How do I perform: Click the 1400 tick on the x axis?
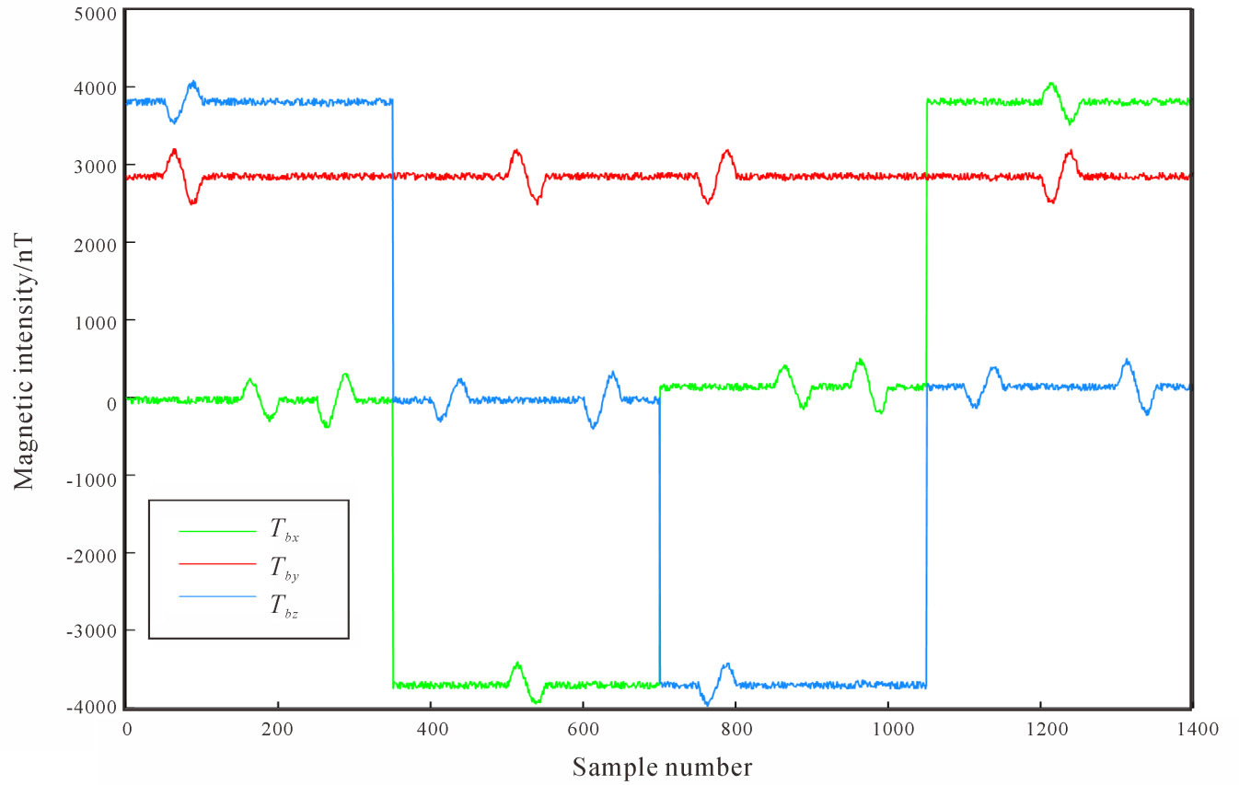(1194, 729)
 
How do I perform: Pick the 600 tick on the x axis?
(583, 729)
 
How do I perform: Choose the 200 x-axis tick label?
(277, 729)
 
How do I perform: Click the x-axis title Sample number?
(661, 767)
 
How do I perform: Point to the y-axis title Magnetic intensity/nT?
(25, 359)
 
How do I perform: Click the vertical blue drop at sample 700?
(659, 543)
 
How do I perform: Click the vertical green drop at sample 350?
(393, 543)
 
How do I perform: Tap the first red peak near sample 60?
(173, 150)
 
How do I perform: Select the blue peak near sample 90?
(192, 82)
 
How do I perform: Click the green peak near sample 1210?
(1050, 84)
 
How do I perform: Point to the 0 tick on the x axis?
(127, 729)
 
